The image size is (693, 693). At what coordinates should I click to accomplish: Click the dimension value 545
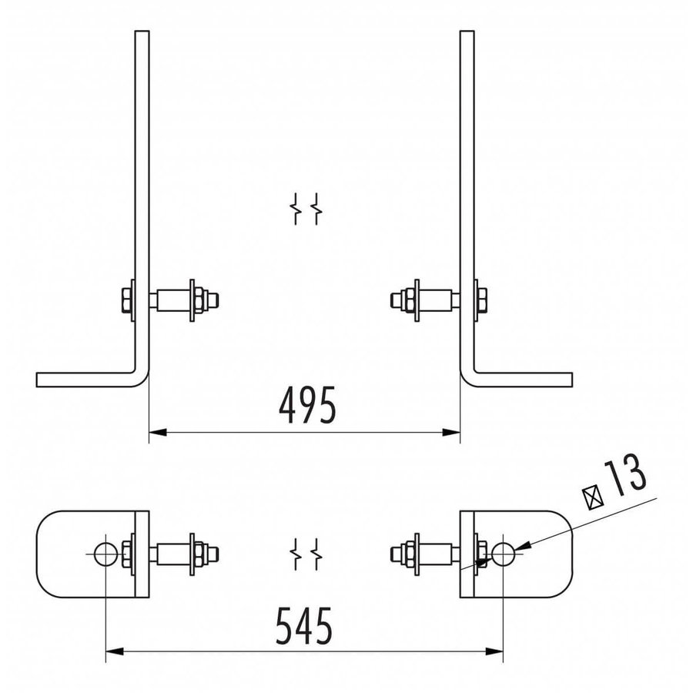(x=305, y=627)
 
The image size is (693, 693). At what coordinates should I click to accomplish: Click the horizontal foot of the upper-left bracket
(x=85, y=380)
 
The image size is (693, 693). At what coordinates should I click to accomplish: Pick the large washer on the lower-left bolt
(x=190, y=553)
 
